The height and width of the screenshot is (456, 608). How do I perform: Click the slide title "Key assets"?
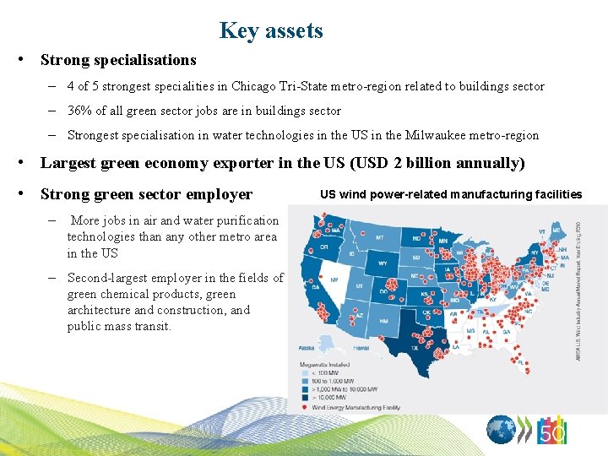pyautogui.click(x=270, y=31)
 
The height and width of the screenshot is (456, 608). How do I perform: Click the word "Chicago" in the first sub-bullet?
pyautogui.click(x=253, y=86)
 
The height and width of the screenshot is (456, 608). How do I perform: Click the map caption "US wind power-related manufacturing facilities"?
pyautogui.click(x=451, y=194)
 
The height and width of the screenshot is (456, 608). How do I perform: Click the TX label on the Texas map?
pyautogui.click(x=415, y=346)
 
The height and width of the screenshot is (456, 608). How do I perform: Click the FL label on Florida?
pyautogui.click(x=523, y=364)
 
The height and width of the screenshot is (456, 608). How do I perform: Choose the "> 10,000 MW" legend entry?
pyautogui.click(x=328, y=396)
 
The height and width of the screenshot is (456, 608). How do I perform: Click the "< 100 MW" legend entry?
pyautogui.click(x=326, y=372)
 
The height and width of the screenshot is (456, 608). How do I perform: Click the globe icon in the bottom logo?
pyautogui.click(x=502, y=431)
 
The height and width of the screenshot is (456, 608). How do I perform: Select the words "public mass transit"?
pyautogui.click(x=119, y=327)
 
